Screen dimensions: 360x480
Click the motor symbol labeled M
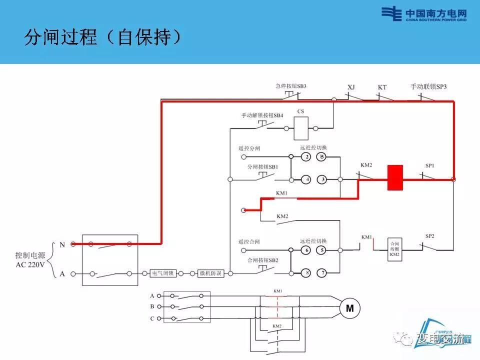349,308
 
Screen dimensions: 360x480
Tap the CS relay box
301,128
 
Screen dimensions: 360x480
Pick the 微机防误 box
211,273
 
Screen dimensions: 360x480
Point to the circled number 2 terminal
306,157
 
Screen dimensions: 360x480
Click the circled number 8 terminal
306,272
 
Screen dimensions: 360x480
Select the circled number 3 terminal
322,179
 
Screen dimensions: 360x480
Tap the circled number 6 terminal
306,250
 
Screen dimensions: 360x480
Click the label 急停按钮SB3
290,86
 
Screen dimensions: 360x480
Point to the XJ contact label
351,87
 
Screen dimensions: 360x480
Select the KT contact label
382,87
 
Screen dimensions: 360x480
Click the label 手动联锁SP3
428,86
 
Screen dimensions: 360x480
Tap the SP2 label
429,235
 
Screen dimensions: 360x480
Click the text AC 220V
31,263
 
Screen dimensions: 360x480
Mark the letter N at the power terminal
62,244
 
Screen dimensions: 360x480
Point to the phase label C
152,318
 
